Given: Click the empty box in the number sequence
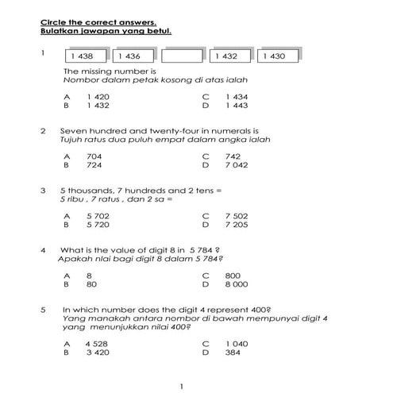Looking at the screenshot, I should pyautogui.click(x=182, y=56).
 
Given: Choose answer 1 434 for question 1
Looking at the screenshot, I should pyautogui.click(x=237, y=96).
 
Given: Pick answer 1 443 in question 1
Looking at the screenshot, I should pyautogui.click(x=237, y=105).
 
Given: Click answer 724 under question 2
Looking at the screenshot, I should pyautogui.click(x=94, y=165).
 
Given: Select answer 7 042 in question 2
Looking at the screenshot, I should pyautogui.click(x=237, y=165).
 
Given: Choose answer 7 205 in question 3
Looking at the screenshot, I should pyautogui.click(x=237, y=225).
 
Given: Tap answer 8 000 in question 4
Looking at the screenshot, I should pyautogui.click(x=237, y=283).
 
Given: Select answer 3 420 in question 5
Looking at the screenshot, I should pyautogui.click(x=98, y=352).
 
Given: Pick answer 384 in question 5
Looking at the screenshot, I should pyautogui.click(x=233, y=352).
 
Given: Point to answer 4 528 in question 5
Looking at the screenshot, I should pyautogui.click(x=98, y=343).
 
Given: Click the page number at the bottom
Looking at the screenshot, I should pyautogui.click(x=181, y=386).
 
